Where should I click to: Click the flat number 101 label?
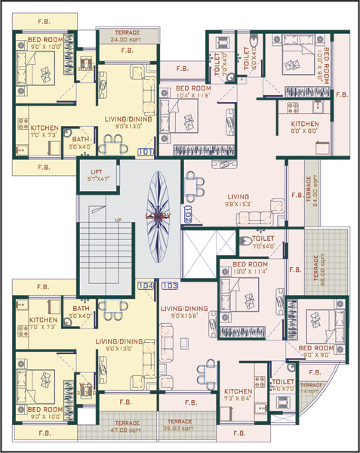pos(146,152)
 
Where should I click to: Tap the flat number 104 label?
pos(146,285)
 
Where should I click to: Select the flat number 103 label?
pos(170,285)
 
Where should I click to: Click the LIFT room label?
pos(97,176)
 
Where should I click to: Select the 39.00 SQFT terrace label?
pos(180,424)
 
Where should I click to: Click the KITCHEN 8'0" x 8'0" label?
pos(306,127)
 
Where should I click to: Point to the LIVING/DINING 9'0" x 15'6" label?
pos(185,312)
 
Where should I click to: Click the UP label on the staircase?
pos(118,220)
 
